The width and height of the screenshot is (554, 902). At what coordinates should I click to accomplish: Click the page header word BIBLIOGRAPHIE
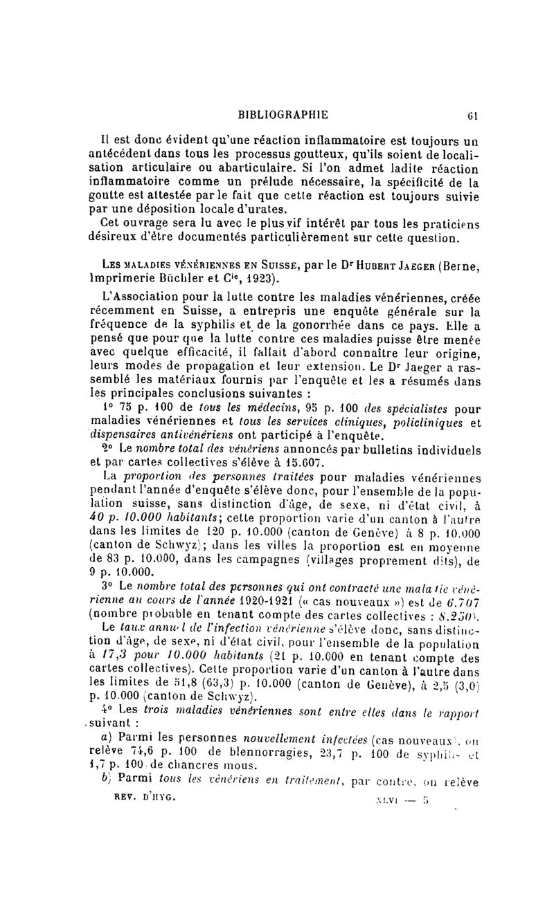[x=283, y=114]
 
